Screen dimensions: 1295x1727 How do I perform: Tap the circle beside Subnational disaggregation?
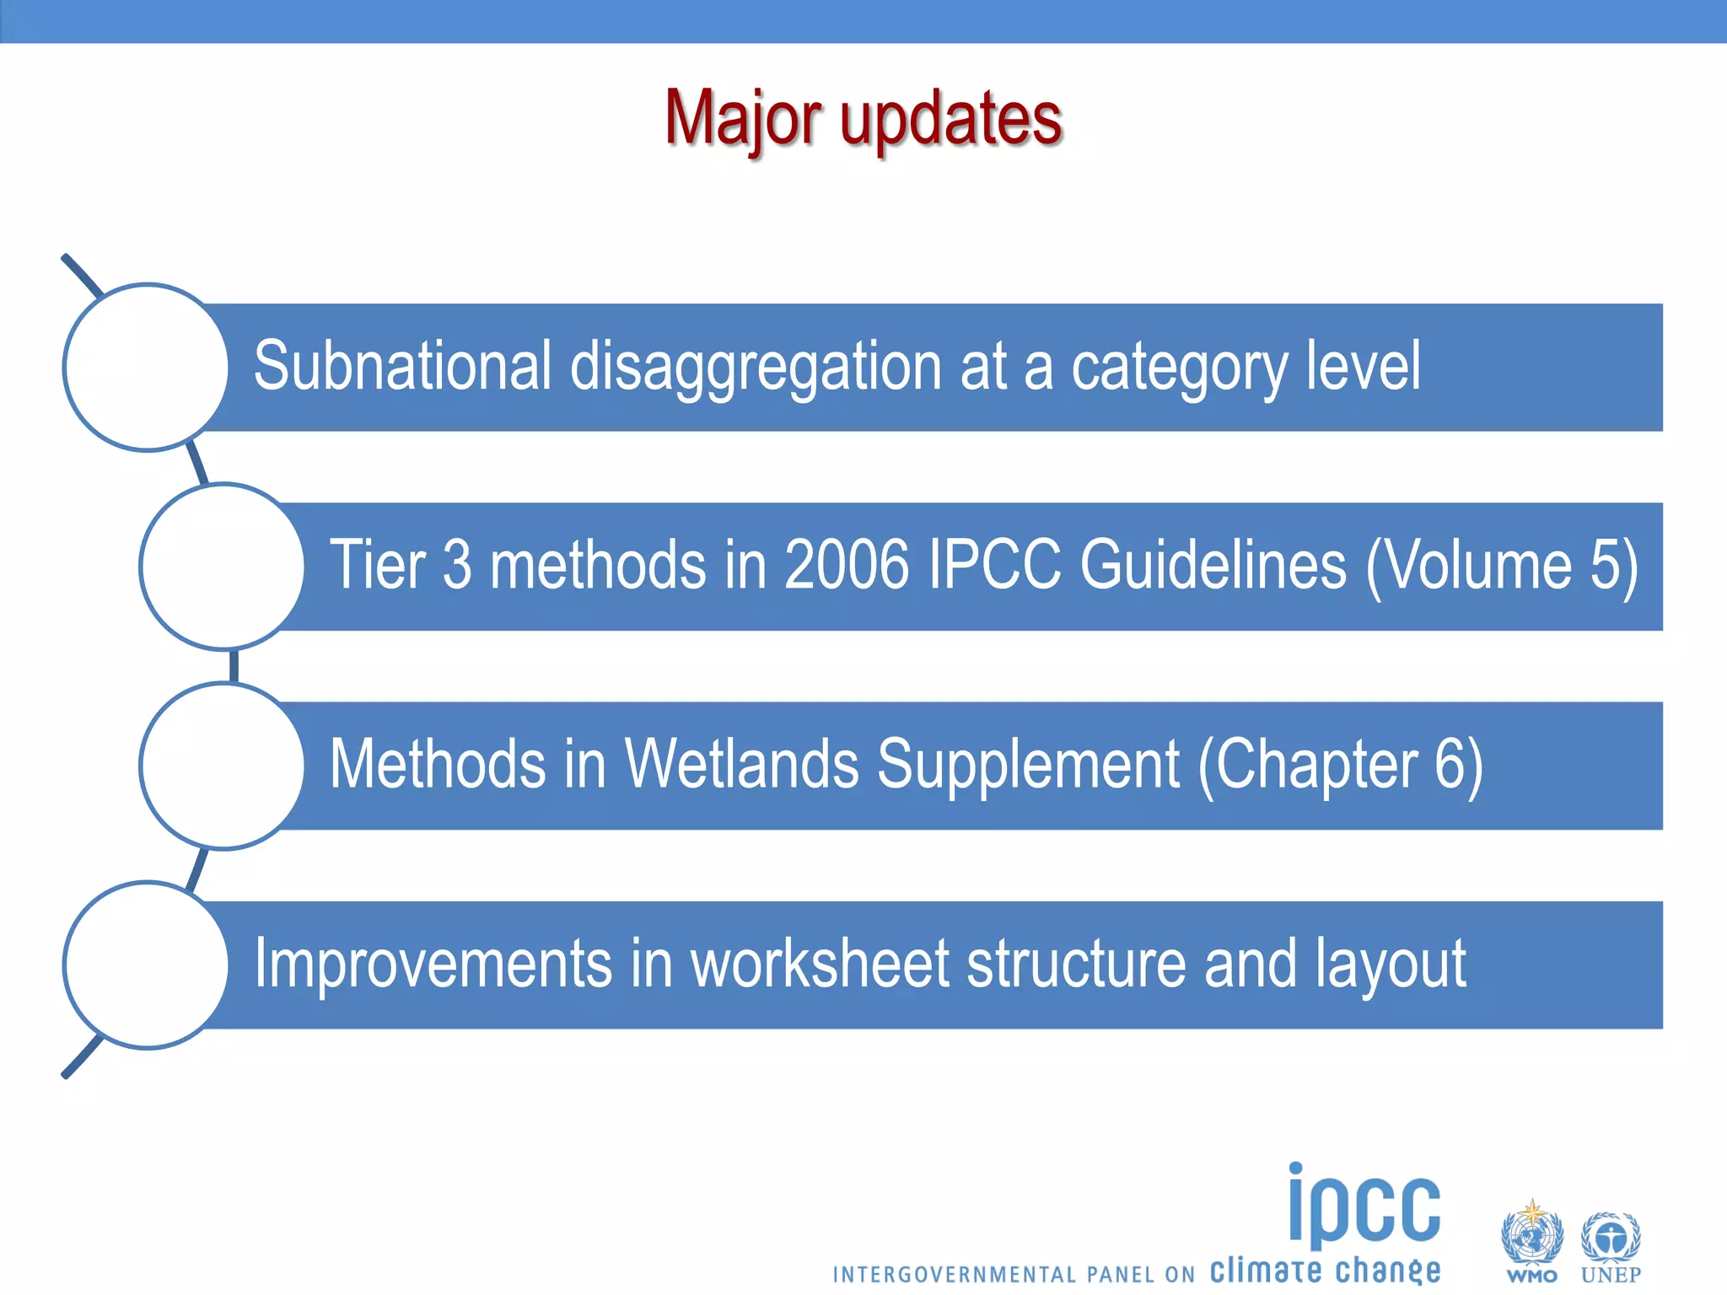(x=147, y=367)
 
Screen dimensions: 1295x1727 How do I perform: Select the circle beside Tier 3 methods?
(x=223, y=566)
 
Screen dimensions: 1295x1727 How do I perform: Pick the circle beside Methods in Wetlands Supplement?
(x=223, y=766)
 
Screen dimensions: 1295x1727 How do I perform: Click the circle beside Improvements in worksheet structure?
(x=147, y=965)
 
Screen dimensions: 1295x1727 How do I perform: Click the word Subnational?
(x=402, y=366)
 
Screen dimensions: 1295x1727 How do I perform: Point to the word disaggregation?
(x=756, y=368)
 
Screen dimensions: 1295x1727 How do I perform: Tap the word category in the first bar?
(x=1179, y=368)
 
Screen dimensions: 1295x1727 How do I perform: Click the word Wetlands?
(x=741, y=764)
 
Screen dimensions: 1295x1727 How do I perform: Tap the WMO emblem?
(x=1531, y=1239)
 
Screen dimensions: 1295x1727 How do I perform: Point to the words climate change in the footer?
(x=1325, y=1270)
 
